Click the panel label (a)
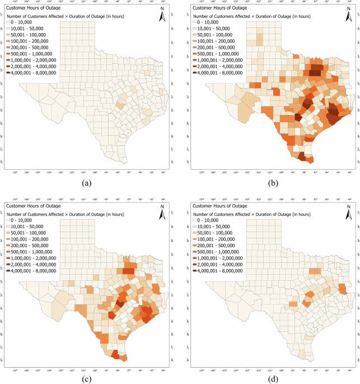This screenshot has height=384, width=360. pyautogui.click(x=86, y=183)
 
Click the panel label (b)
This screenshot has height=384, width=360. pyautogui.click(x=274, y=183)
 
